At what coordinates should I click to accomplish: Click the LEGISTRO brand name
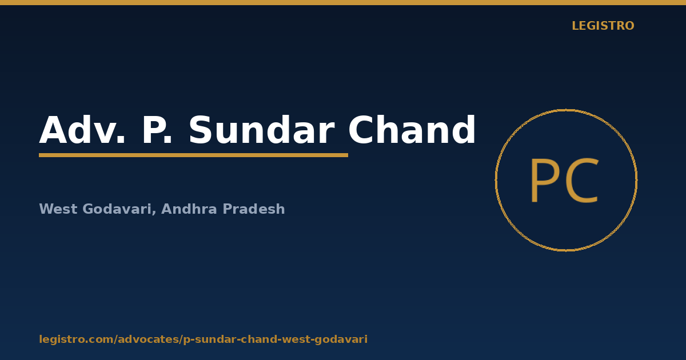[x=603, y=26]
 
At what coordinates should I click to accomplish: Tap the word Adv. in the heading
[x=82, y=130]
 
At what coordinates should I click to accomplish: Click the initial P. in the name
[x=157, y=130]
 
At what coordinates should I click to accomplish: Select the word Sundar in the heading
[x=261, y=130]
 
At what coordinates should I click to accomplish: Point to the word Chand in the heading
[x=412, y=130]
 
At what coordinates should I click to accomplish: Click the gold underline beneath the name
[x=194, y=155]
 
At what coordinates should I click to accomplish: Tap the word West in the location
[x=58, y=209]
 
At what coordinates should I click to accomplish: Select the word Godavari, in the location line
[x=119, y=209]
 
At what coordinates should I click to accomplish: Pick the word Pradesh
[x=254, y=209]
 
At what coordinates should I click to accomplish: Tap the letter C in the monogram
[x=581, y=181]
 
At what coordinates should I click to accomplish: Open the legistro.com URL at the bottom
[x=203, y=339]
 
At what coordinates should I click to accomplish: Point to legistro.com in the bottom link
[x=76, y=339]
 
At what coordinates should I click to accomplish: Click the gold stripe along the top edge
[x=343, y=2]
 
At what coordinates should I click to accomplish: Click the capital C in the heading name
[x=361, y=130]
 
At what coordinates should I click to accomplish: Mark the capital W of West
[x=46, y=209]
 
